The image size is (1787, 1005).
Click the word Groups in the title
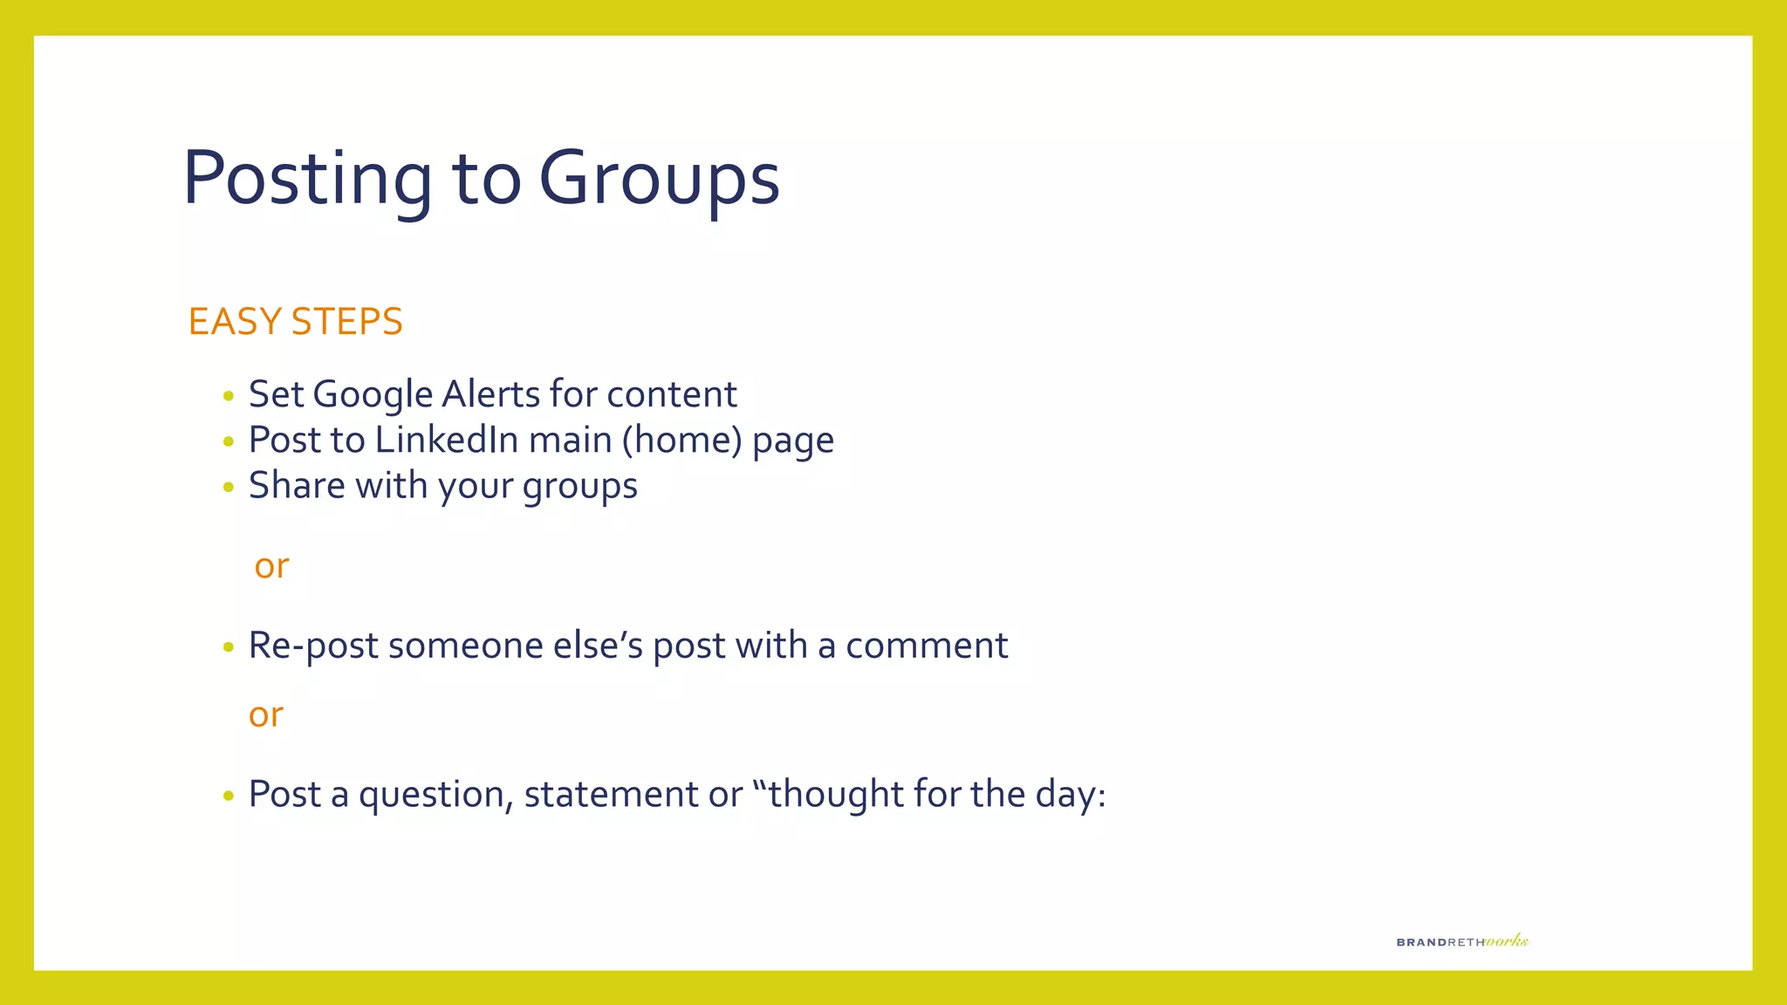pos(659,179)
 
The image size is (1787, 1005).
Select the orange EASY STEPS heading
pos(295,322)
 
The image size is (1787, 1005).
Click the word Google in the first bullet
pos(373,395)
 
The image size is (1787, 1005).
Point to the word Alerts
pos(490,394)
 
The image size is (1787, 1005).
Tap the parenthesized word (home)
pos(681,441)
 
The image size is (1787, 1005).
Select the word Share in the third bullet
pos(297,486)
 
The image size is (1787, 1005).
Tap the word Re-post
pos(313,646)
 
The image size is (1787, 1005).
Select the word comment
pos(927,646)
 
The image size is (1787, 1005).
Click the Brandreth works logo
pos(1462,940)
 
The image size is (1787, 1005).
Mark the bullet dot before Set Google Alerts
pos(229,397)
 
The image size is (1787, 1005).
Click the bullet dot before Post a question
pos(229,796)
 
